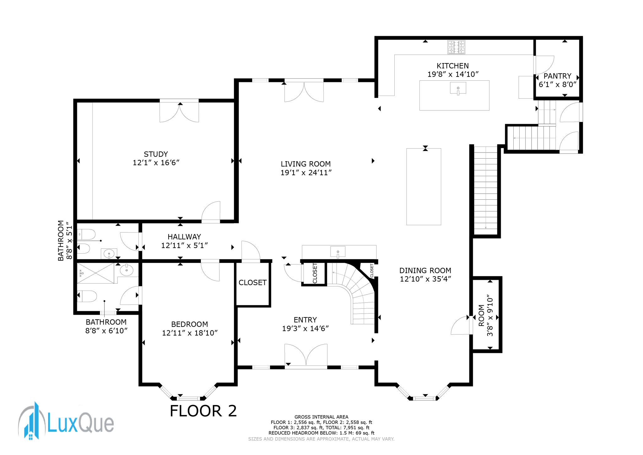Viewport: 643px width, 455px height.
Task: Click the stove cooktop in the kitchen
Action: (456, 47)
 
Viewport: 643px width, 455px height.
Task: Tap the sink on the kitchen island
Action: (458, 88)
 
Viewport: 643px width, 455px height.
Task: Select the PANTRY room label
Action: (557, 76)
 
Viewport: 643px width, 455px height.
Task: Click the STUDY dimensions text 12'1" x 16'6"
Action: (156, 163)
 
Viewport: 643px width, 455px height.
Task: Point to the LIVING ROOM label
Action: (305, 164)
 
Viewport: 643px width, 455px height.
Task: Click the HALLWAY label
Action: (184, 237)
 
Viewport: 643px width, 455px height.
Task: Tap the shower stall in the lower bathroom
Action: (95, 274)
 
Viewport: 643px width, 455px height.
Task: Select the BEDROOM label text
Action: (190, 324)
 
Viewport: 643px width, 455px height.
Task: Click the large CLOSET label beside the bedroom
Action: (252, 283)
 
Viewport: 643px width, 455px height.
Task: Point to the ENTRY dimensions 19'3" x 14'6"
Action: (305, 328)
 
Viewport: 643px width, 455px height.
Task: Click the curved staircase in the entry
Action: (355, 292)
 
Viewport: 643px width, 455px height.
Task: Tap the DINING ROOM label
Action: (425, 270)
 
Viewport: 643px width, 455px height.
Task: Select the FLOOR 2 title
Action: (203, 411)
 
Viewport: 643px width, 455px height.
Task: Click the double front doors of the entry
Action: (306, 355)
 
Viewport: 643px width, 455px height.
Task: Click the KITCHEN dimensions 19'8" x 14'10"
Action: (453, 74)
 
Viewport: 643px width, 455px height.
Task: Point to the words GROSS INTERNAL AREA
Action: (321, 417)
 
